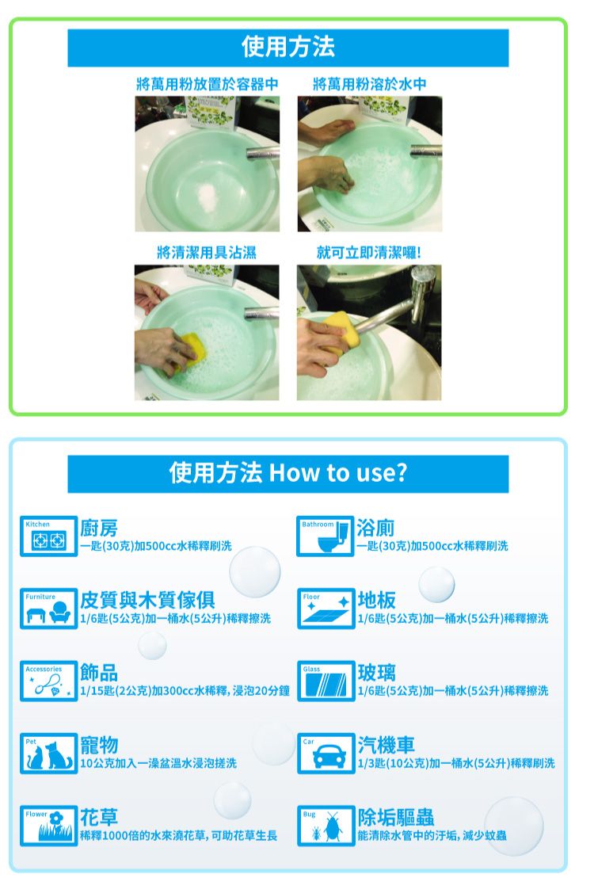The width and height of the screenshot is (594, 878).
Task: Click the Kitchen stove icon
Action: click(x=48, y=536)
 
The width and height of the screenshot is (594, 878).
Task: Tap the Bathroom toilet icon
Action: click(x=326, y=536)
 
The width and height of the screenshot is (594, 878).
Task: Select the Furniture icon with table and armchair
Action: click(x=48, y=608)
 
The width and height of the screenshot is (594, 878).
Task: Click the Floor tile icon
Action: click(x=326, y=608)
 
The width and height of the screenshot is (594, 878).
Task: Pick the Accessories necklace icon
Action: click(x=48, y=681)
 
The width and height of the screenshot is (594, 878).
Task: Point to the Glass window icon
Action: click(x=326, y=681)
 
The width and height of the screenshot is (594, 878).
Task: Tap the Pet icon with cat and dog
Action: click(x=48, y=753)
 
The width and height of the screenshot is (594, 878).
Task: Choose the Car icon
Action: click(x=326, y=753)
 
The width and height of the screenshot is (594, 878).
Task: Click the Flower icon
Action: click(x=48, y=826)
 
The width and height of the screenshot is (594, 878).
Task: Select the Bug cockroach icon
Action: click(x=326, y=826)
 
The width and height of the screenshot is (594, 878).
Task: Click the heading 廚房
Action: click(x=99, y=528)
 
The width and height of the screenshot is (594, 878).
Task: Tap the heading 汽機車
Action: click(x=386, y=745)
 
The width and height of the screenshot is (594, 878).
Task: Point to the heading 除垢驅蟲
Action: click(x=396, y=817)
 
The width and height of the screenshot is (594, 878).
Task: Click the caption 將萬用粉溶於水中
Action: click(x=370, y=84)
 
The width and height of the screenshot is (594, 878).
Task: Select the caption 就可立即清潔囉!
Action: click(x=369, y=253)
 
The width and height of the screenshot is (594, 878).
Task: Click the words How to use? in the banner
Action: click(x=338, y=473)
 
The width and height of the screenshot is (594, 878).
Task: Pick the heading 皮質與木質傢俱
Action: click(x=147, y=600)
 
